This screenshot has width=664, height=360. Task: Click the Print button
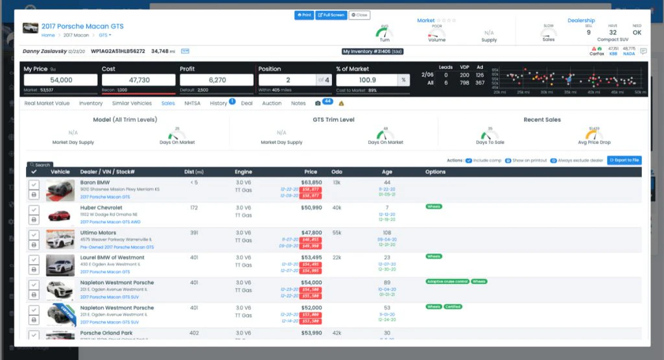coord(303,15)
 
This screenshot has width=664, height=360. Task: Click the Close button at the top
coord(359,15)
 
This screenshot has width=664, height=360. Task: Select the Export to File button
coord(624,160)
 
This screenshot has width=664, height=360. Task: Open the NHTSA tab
coord(192,103)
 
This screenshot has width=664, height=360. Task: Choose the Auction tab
coord(272,103)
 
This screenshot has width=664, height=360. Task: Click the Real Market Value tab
coord(47,103)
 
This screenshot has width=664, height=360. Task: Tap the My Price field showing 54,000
coord(60,80)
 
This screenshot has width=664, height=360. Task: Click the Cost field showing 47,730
coord(139,80)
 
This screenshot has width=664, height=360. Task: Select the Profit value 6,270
coord(217,80)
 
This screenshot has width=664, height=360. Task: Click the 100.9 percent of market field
coord(367,80)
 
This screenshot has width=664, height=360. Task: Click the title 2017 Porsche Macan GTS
coord(82,27)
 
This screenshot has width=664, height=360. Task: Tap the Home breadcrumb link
coord(48,35)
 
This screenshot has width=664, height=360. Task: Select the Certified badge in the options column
coord(453,306)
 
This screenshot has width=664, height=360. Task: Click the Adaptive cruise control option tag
coord(447,282)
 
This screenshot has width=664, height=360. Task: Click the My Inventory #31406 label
coord(373,51)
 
